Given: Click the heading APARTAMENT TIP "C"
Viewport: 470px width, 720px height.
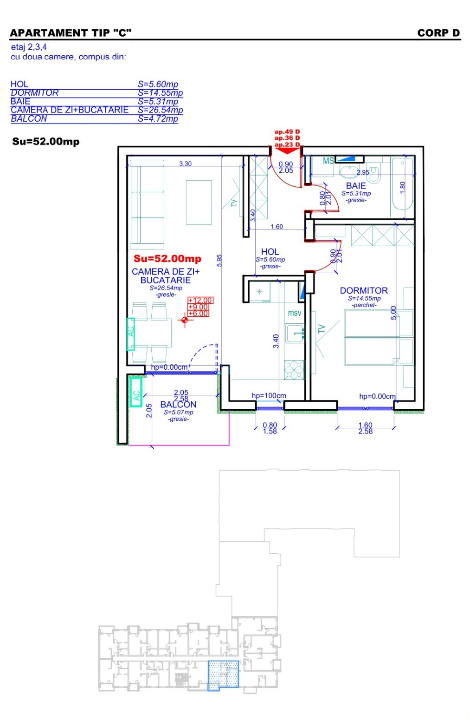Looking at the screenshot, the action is tap(71, 33).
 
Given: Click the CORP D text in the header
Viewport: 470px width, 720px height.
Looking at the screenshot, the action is tap(438, 33).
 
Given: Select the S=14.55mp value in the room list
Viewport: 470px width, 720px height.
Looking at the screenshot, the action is tap(160, 93).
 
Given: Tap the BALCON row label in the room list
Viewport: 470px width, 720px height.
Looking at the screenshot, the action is tap(29, 118).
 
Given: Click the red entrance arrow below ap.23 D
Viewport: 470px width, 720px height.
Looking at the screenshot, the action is tap(287, 151).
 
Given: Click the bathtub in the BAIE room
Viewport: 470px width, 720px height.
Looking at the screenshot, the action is tap(402, 183).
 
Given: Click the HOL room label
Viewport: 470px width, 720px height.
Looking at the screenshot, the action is tap(270, 252).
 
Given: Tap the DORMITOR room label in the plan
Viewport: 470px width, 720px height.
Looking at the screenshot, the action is tap(364, 291).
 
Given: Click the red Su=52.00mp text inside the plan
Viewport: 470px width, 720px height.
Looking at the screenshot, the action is tap(167, 258).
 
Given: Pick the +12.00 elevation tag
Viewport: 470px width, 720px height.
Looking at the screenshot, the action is tap(200, 300).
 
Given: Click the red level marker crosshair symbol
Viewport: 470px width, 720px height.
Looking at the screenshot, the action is tap(185, 320).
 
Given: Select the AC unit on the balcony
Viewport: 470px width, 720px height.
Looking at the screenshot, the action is tap(136, 393).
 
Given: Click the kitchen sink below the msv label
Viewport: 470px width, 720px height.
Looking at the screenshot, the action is tap(295, 334).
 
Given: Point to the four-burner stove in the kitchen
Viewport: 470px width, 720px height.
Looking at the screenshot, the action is tap(294, 370).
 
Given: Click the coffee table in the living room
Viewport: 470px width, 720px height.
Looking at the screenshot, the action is tap(199, 202).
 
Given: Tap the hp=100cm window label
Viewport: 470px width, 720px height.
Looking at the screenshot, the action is tap(269, 396).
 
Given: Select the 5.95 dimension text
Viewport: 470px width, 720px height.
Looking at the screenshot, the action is tap(219, 260).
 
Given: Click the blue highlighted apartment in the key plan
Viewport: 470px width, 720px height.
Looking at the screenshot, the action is tap(223, 674).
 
